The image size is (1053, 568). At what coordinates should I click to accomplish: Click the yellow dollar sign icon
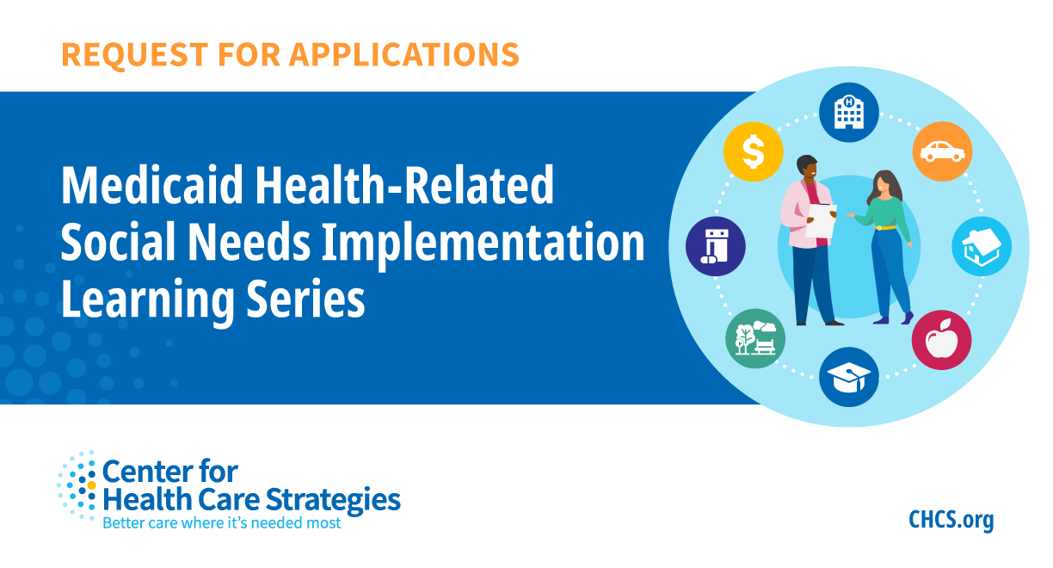pos(753,151)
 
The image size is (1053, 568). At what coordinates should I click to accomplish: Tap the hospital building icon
pos(848,112)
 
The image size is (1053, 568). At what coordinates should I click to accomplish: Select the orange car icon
pos(942,151)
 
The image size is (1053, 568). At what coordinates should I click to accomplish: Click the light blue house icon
pos(982,246)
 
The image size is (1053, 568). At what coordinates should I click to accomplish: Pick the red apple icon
pos(941,341)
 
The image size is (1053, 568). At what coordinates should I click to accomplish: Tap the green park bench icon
pos(754,339)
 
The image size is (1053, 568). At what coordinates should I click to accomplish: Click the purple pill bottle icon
pos(715,246)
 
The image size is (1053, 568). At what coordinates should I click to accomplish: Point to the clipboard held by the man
pos(820,219)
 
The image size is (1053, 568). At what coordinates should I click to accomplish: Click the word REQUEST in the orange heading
pos(126,54)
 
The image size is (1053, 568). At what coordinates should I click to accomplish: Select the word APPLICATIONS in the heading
pos(403,54)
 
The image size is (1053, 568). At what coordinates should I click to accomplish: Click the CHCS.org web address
pos(951,520)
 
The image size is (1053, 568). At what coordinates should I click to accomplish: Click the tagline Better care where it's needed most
pos(221,522)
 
